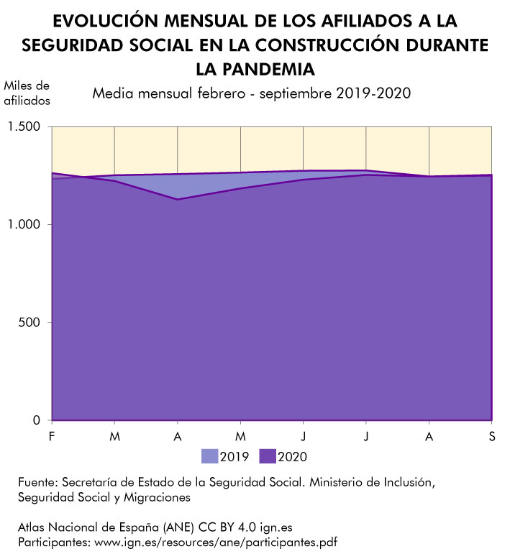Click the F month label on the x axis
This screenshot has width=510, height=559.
tap(52, 436)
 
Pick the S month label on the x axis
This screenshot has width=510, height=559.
tap(492, 436)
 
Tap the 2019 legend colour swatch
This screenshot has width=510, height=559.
tap(209, 456)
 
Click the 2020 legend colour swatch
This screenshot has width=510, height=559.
tap(267, 456)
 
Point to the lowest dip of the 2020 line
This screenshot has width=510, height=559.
tap(178, 199)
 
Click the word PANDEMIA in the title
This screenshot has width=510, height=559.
tap(255, 69)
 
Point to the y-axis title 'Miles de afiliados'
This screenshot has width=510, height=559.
tap(27, 93)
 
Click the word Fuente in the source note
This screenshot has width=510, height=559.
tap(37, 481)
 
